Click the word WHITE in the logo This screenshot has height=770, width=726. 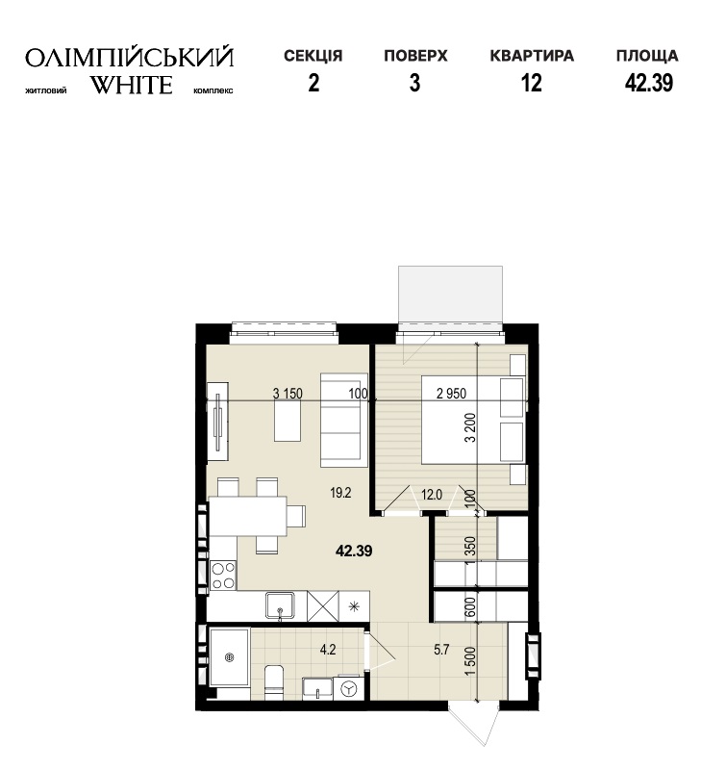click(132, 85)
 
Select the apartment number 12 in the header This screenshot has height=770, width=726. click(531, 83)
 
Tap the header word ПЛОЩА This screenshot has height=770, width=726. click(647, 56)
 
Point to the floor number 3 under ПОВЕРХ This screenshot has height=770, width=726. click(415, 83)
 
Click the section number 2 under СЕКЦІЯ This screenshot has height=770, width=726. click(313, 83)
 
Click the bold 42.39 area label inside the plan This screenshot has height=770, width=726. click(354, 551)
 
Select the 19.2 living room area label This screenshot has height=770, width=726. click(340, 493)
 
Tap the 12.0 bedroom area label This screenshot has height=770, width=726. click(432, 495)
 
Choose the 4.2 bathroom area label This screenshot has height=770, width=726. click(328, 650)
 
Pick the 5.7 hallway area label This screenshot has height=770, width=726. click(441, 650)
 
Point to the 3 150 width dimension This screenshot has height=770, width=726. click(288, 394)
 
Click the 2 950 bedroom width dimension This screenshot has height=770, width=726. click(451, 394)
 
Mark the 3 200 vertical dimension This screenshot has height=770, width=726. click(470, 427)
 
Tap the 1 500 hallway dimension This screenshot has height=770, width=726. click(470, 661)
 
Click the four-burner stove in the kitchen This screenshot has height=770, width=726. click(223, 575)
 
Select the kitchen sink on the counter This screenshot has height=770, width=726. click(280, 606)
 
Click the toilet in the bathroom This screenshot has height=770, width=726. click(274, 682)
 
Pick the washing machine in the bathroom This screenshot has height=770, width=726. click(349, 688)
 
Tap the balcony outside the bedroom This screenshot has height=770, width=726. click(450, 295)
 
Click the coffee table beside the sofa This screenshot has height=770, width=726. click(288, 421)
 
